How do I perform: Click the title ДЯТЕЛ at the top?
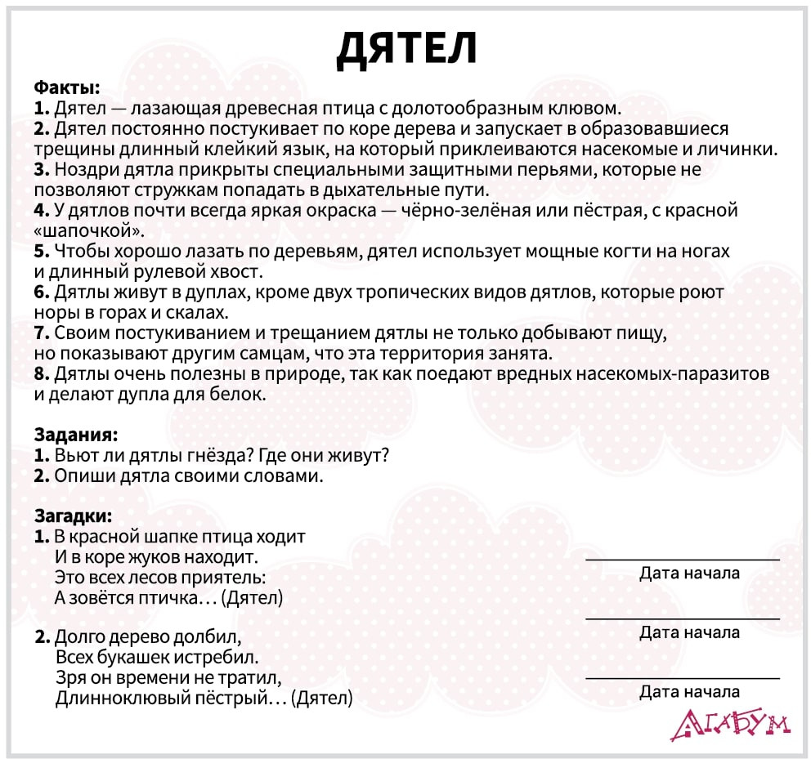pyautogui.click(x=406, y=50)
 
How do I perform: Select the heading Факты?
pyautogui.click(x=67, y=87)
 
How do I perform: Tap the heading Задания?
pyautogui.click(x=76, y=434)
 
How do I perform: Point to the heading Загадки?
pyautogui.click(x=73, y=516)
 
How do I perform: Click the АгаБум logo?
pyautogui.click(x=729, y=723)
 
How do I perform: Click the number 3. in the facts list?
pyautogui.click(x=42, y=170)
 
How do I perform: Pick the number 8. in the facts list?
pyautogui.click(x=43, y=375)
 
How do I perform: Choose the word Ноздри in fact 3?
pyautogui.click(x=82, y=170)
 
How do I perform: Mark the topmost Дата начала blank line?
pyautogui.click(x=683, y=559)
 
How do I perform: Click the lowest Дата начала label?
pyautogui.click(x=689, y=692)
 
